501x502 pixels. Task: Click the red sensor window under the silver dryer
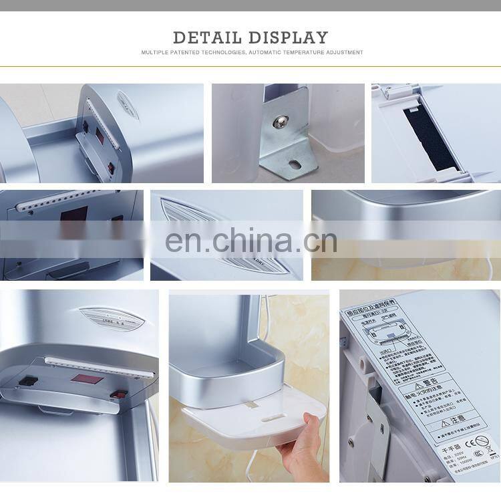[x=86, y=378]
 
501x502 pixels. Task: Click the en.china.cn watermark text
[x=251, y=241]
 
